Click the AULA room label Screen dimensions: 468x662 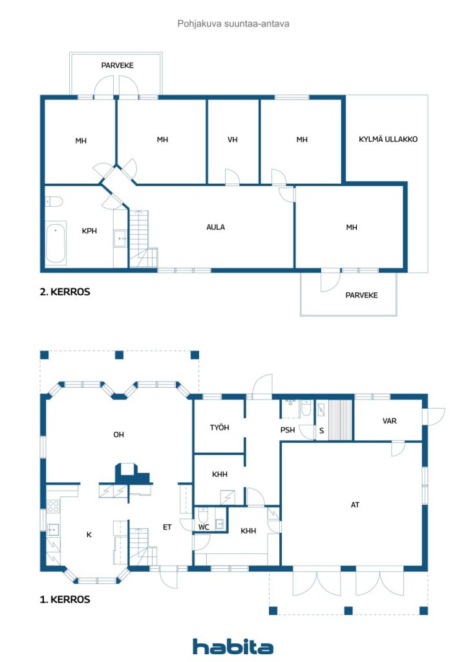click(x=215, y=227)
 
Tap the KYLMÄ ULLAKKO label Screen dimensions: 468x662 click(x=388, y=139)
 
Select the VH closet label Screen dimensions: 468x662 click(x=233, y=140)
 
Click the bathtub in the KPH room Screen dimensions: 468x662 click(x=56, y=243)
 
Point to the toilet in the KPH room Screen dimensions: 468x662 click(x=54, y=202)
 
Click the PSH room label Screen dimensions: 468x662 click(x=288, y=430)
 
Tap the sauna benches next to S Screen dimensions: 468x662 click(x=340, y=420)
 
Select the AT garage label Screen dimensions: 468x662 click(x=355, y=504)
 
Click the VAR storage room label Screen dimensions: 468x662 click(x=389, y=421)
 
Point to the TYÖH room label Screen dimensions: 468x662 click(x=219, y=428)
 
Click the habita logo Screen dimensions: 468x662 click(x=233, y=646)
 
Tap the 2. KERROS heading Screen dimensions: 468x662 click(x=65, y=292)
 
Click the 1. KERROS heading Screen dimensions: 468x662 click(x=65, y=599)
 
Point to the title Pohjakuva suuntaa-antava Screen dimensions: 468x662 click(x=233, y=24)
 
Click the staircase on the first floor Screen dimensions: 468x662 click(x=142, y=546)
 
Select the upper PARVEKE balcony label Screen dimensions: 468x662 click(x=117, y=65)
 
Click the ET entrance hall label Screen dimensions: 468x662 click(x=167, y=527)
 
